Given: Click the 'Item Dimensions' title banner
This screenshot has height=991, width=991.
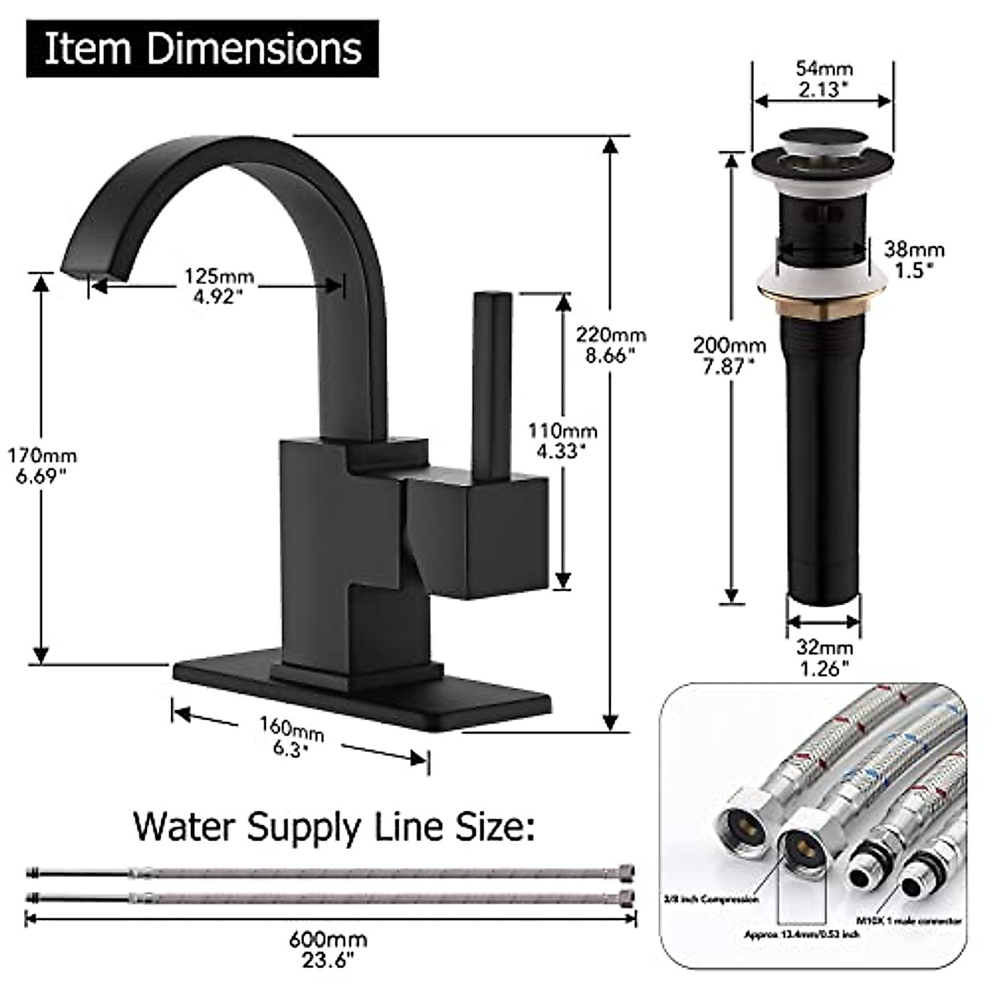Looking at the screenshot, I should click(202, 49).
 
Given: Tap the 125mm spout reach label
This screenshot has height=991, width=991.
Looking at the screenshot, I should click(219, 286).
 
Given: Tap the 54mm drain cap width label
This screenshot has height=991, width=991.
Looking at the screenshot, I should click(823, 78).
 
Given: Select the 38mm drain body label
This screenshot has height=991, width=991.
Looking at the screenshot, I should click(913, 258).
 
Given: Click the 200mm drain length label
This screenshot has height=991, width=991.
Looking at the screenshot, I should click(728, 356).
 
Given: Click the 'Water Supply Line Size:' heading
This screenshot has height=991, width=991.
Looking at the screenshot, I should click(334, 826).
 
